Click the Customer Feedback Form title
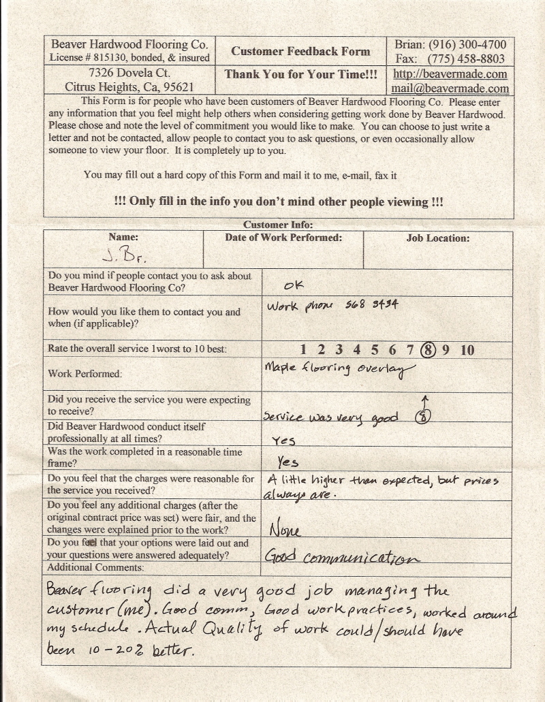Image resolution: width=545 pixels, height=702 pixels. [300, 51]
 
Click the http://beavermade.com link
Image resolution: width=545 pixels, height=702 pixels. [450, 74]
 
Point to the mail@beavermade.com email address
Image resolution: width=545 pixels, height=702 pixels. [450, 89]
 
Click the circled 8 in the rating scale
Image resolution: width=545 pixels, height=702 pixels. [428, 350]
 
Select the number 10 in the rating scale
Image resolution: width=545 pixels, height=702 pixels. [467, 350]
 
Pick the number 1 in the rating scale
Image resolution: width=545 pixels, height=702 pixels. [303, 350]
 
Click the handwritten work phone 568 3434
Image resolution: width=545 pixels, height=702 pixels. [371, 305]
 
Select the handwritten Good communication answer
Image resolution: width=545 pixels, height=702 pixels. [341, 558]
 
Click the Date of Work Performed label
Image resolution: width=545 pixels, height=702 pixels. [283, 238]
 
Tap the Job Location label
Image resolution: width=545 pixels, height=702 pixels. [438, 238]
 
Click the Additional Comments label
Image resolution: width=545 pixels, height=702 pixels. [95, 567]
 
